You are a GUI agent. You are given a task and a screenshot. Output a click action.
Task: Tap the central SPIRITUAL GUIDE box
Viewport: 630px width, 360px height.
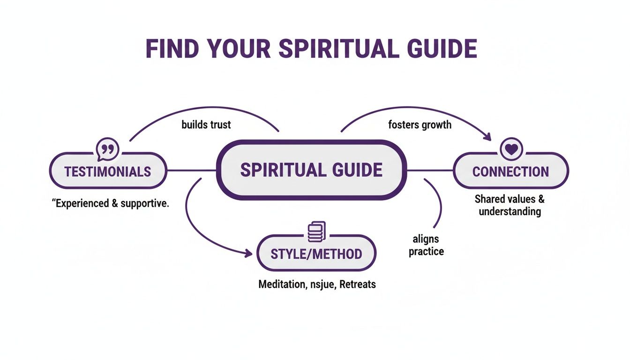311,170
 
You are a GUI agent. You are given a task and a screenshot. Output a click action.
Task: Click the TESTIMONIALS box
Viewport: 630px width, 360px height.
108,171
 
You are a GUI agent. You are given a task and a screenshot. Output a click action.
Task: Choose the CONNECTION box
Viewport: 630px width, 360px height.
510,171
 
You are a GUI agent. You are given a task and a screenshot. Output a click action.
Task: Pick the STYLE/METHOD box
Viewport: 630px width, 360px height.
316,254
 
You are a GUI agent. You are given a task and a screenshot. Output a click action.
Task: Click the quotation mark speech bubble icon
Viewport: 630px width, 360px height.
107,150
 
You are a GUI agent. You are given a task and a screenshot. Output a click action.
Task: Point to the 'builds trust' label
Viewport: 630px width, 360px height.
206,125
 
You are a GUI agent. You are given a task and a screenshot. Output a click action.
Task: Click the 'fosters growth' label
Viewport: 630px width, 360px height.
420,125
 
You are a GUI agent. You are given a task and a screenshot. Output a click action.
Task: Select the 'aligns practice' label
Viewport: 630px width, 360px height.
426,246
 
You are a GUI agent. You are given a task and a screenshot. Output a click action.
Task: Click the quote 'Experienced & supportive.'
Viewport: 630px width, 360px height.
109,204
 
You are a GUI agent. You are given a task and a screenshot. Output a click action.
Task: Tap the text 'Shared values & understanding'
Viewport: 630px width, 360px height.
510,205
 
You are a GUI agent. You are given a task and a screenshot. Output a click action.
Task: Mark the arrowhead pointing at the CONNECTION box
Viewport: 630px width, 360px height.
487,137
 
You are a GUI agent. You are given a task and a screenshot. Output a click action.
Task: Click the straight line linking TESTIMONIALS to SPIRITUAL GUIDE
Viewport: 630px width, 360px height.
191,170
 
